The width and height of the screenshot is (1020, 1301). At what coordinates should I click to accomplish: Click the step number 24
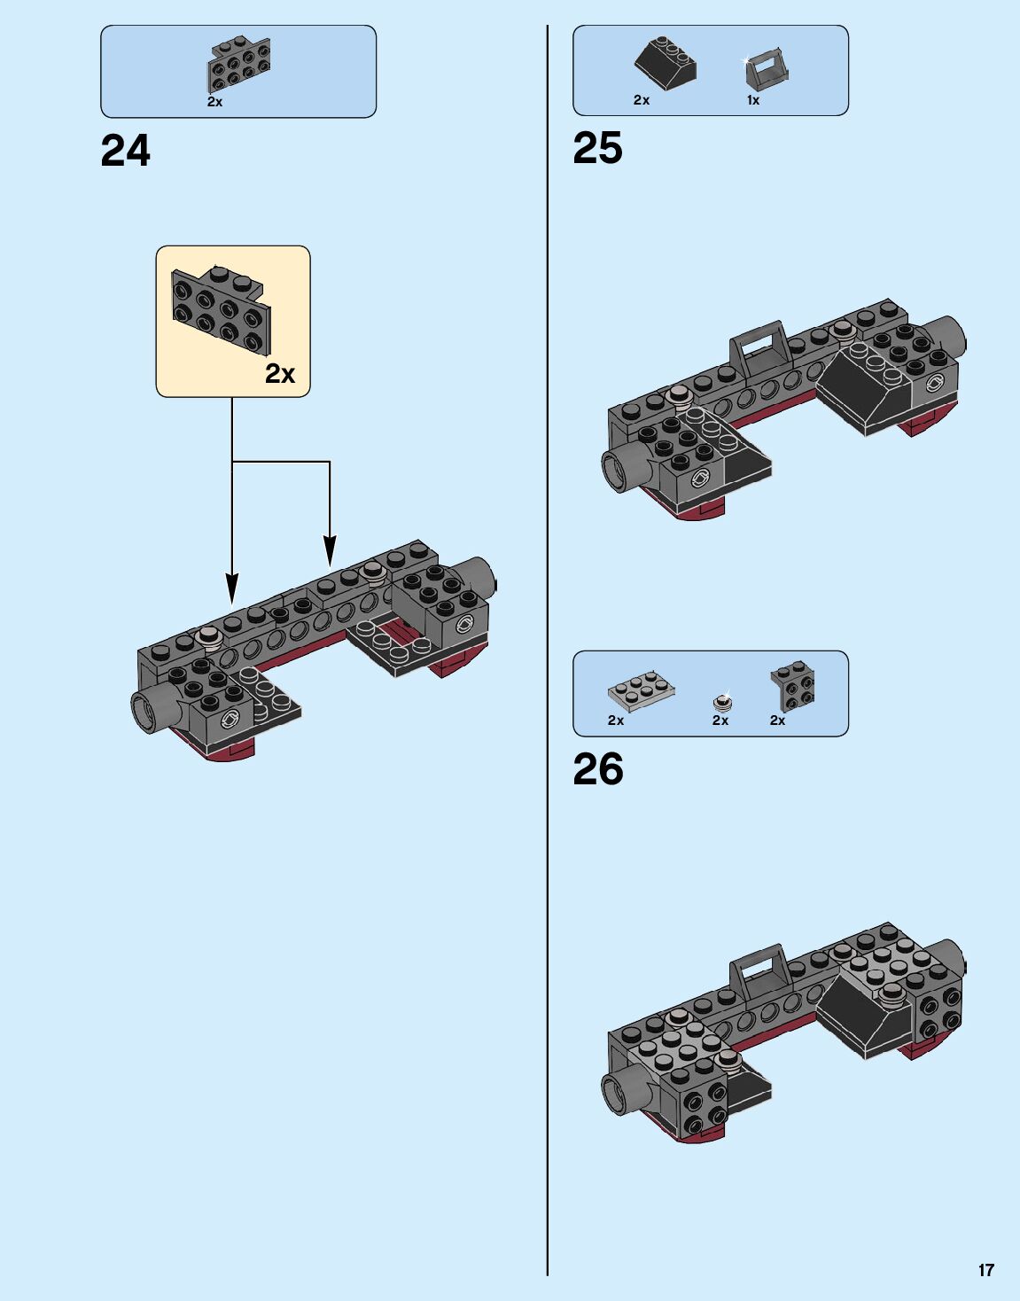pos(125,152)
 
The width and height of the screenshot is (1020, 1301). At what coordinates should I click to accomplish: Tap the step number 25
pos(597,149)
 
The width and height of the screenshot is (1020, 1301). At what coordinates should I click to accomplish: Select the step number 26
pos(597,770)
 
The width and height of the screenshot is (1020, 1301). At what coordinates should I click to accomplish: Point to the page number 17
pos(985,1270)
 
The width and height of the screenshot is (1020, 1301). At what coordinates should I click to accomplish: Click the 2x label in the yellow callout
pos(280,374)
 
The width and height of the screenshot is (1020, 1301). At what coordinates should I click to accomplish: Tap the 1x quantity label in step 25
pos(752,100)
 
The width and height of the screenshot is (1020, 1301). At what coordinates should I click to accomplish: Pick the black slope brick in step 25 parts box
pos(666,64)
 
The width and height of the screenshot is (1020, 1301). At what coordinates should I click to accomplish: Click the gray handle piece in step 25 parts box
pos(767,69)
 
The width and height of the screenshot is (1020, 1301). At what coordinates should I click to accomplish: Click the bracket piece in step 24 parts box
pos(239,65)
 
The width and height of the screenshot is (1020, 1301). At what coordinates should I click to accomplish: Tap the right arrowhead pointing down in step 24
pos(330,550)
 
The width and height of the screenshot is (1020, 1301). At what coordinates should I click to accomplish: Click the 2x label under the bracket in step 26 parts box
pos(777,721)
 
